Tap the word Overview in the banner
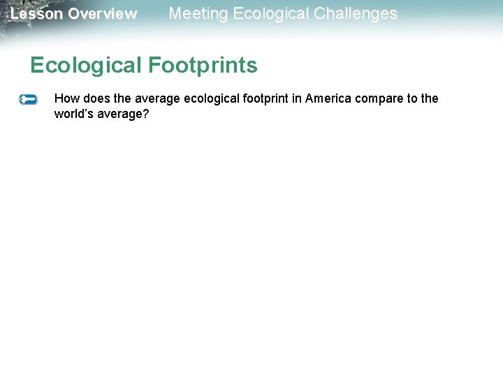(x=103, y=14)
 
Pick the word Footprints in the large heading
(x=203, y=66)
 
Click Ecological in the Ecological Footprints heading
(x=86, y=66)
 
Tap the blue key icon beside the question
(x=28, y=100)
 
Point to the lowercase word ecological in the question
(x=211, y=98)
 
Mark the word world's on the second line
(x=73, y=113)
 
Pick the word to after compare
(x=409, y=98)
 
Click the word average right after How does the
(x=158, y=98)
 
